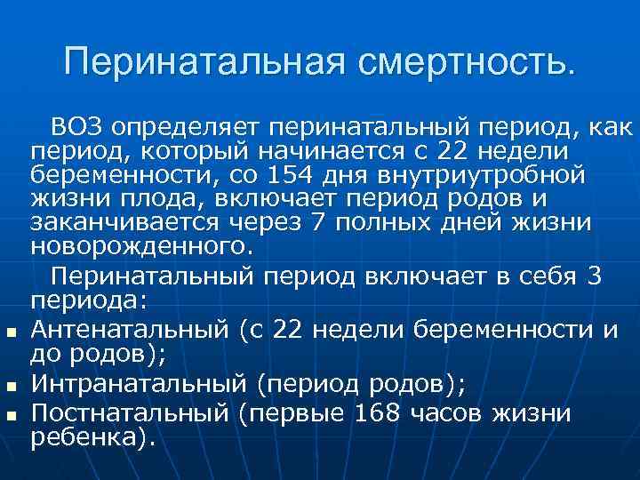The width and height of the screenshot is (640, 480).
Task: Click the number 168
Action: click(x=375, y=412)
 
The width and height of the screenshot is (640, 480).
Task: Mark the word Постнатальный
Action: click(x=133, y=412)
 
